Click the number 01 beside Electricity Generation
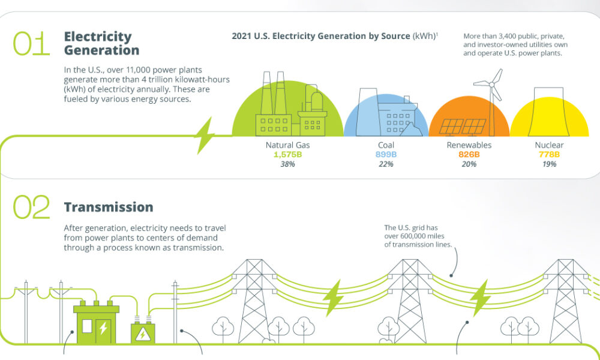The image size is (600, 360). pyautogui.click(x=31, y=44)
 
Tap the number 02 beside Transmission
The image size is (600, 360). pyautogui.click(x=31, y=208)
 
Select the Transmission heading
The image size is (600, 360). pyautogui.click(x=109, y=207)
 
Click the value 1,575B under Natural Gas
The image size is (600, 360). pyautogui.click(x=287, y=155)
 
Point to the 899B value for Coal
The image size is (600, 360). pyautogui.click(x=386, y=155)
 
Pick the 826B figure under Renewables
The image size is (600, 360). pyautogui.click(x=469, y=155)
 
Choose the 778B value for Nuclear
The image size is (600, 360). pyautogui.click(x=549, y=155)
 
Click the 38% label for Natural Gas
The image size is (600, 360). pyautogui.click(x=287, y=164)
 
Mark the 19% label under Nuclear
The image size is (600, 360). pyautogui.click(x=549, y=164)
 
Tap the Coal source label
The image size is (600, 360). pyautogui.click(x=386, y=145)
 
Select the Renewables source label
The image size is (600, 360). pyautogui.click(x=469, y=145)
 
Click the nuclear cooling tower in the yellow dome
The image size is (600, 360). pyautogui.click(x=550, y=111)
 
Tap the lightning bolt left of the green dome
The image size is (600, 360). pyautogui.click(x=204, y=136)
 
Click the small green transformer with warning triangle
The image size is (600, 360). pyautogui.click(x=143, y=332)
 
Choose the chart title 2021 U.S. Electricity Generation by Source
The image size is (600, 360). pyautogui.click(x=320, y=37)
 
